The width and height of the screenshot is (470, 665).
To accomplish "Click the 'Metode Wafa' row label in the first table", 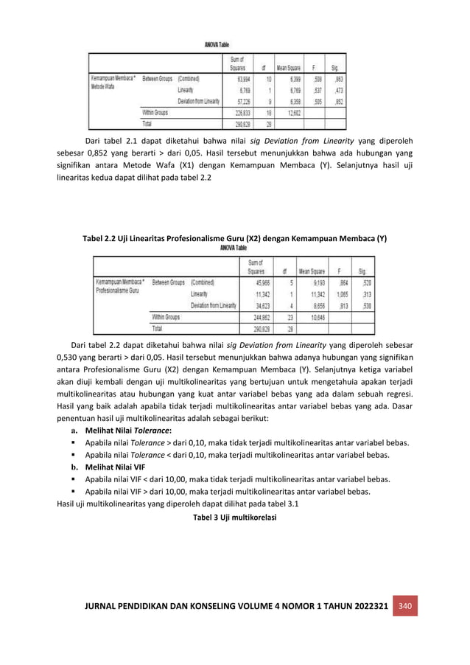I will (x=105, y=86).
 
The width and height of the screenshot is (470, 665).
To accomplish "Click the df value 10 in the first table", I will (x=269, y=77).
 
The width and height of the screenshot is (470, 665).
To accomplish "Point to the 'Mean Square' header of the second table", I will (x=312, y=269).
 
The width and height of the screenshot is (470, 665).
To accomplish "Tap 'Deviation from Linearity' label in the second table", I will (x=213, y=305).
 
